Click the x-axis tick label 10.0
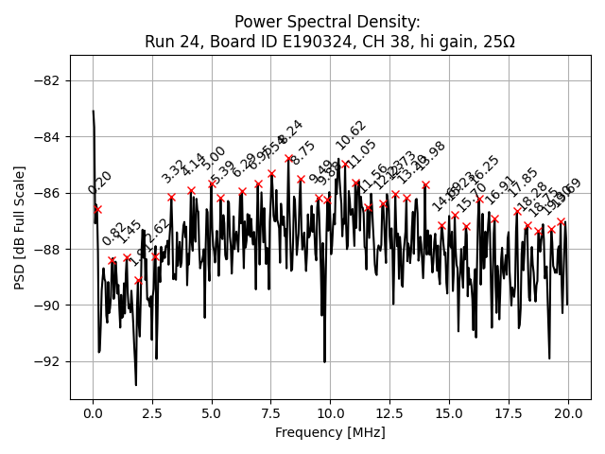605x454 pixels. coord(330,413)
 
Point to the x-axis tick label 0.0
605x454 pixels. coord(93,413)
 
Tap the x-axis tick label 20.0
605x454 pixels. coord(567,413)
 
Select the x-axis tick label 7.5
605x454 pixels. coord(271,413)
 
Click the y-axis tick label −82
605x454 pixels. coord(49,80)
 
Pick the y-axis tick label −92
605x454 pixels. coord(49,361)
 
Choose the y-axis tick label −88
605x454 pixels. coord(49,249)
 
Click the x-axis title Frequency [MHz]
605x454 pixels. coord(330,432)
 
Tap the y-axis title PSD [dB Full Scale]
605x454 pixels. coord(20,227)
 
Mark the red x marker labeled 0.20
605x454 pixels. coord(97,209)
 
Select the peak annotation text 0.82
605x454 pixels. coord(113,235)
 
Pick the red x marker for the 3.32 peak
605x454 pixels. coord(171,197)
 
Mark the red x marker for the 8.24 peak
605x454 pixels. coord(288,158)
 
